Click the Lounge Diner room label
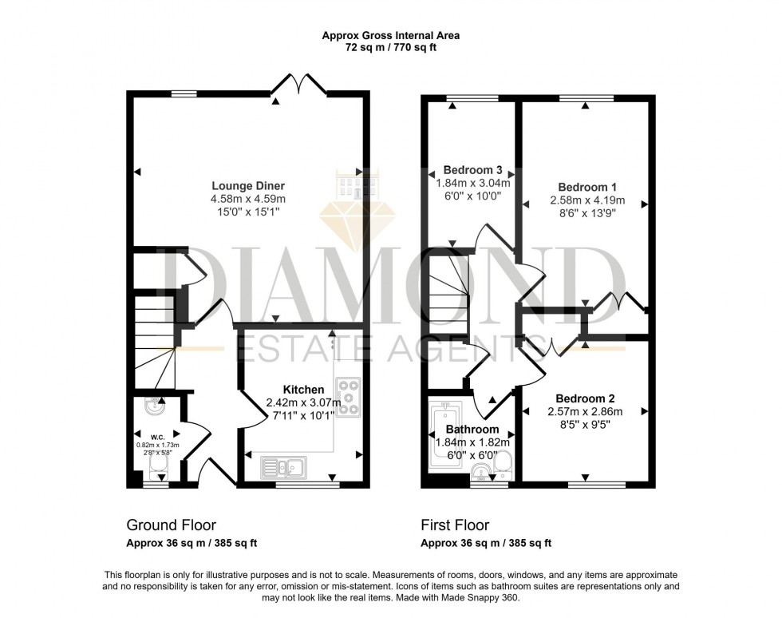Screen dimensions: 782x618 pyautogui.click(x=248, y=186)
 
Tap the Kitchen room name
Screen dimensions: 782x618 pyautogui.click(x=303, y=390)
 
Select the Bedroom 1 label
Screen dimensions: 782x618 pyautogui.click(x=587, y=188)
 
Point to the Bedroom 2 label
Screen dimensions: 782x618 pyautogui.click(x=585, y=399)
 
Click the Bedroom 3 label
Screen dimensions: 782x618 pyautogui.click(x=472, y=170)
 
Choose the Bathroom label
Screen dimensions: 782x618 pyautogui.click(x=472, y=430)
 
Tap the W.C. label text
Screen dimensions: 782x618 pyautogui.click(x=158, y=438)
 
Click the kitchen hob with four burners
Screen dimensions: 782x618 pyautogui.click(x=348, y=397)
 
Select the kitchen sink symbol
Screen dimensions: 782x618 pyautogui.click(x=283, y=468)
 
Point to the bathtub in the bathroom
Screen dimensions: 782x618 pyautogui.click(x=445, y=431)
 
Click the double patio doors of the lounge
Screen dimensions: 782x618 pyautogui.click(x=298, y=85)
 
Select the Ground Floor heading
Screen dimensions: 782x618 pyautogui.click(x=171, y=525)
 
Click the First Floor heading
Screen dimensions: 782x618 pyautogui.click(x=455, y=525)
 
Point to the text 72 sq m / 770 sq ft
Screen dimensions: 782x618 pyautogui.click(x=391, y=48)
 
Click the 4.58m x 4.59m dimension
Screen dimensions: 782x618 pyautogui.click(x=248, y=199)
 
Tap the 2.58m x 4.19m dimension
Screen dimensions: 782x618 pyautogui.click(x=587, y=200)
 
